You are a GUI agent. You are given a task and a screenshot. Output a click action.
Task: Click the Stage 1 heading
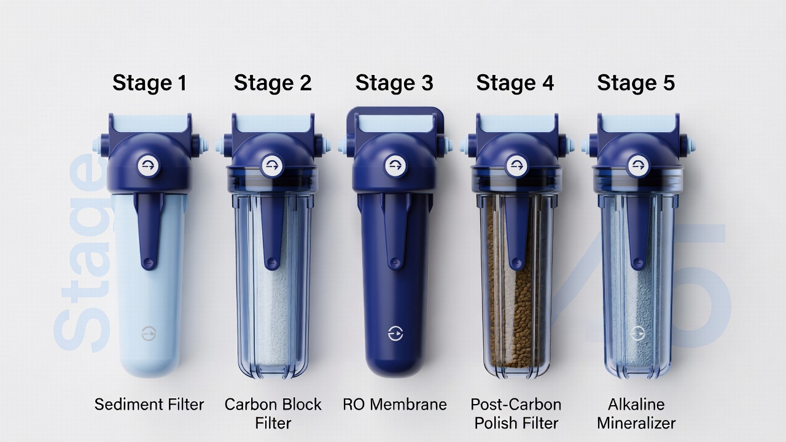point(149,83)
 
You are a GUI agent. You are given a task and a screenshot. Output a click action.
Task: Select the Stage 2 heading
point(273,83)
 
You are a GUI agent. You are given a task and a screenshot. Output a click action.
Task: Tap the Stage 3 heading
point(394,83)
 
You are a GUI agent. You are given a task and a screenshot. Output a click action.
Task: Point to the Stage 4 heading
point(515,83)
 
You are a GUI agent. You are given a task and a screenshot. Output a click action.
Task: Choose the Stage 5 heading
point(636,83)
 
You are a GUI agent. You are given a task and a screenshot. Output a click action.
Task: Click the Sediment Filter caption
point(149,405)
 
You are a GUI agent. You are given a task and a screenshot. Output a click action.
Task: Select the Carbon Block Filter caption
point(273,413)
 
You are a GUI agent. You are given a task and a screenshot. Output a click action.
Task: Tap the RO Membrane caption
point(394,405)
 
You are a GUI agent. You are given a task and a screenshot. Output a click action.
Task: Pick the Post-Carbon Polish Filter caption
point(516,413)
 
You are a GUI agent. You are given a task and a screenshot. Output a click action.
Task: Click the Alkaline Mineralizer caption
point(636,413)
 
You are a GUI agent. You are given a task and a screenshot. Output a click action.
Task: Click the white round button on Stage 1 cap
point(149,166)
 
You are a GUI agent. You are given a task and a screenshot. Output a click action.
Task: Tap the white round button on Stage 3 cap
point(394,166)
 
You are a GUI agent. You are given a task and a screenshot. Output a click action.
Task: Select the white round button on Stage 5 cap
point(636,165)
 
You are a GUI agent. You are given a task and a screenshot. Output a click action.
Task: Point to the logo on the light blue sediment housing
point(149,333)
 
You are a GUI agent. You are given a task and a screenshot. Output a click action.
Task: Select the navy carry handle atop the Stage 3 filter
point(394,112)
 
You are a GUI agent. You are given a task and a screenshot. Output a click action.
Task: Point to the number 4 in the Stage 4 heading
point(545,83)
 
